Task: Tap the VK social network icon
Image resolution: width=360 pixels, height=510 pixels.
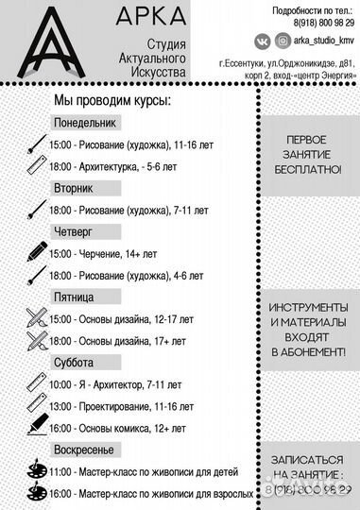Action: (x=263, y=41)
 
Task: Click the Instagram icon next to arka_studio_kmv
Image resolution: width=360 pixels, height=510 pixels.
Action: (x=283, y=41)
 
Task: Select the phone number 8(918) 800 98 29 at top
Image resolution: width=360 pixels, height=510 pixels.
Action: (x=311, y=22)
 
